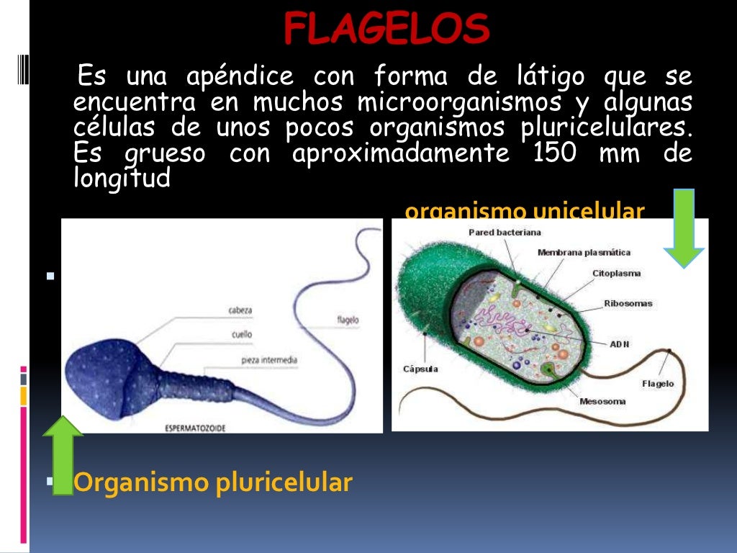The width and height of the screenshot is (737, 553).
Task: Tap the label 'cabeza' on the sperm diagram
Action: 240,310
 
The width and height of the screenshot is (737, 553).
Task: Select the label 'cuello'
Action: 241,334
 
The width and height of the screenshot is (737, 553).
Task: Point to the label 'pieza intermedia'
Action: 270,360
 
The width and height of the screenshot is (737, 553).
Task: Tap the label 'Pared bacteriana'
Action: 505,233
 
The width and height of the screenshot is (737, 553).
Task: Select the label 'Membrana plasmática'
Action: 584,253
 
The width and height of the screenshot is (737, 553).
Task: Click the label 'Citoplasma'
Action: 616,274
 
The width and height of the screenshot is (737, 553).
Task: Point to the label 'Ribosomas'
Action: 628,303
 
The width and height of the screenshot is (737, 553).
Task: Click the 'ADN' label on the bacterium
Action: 619,344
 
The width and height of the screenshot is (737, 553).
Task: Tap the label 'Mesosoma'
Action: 602,402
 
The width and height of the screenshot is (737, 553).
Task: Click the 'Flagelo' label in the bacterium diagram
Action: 658,384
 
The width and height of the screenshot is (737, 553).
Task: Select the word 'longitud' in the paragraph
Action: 122,178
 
